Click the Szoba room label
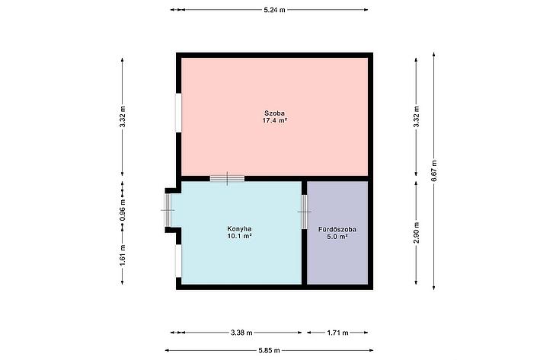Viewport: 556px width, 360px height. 274,113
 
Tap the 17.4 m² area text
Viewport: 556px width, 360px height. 274,120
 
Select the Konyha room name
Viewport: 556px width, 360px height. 239,228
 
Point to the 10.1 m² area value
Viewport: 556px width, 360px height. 239,236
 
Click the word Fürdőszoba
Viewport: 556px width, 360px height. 337,229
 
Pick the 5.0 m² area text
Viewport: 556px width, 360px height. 337,237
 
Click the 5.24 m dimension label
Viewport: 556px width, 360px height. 274,10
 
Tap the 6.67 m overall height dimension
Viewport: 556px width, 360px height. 433,171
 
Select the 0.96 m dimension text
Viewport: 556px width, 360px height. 123,209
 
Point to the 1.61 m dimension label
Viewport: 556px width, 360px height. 123,255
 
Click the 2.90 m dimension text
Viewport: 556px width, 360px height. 417,233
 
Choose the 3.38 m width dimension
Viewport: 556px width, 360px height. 241,333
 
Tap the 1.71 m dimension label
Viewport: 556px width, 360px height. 337,333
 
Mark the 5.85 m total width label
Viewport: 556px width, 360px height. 269,350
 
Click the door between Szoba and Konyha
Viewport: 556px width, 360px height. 227,178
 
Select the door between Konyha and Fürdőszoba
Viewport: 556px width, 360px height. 304,212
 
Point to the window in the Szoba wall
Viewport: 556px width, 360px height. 178,113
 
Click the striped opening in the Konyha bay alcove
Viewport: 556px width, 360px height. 168,210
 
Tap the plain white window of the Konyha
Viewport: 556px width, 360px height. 178,261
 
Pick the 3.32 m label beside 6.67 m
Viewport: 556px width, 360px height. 417,117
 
